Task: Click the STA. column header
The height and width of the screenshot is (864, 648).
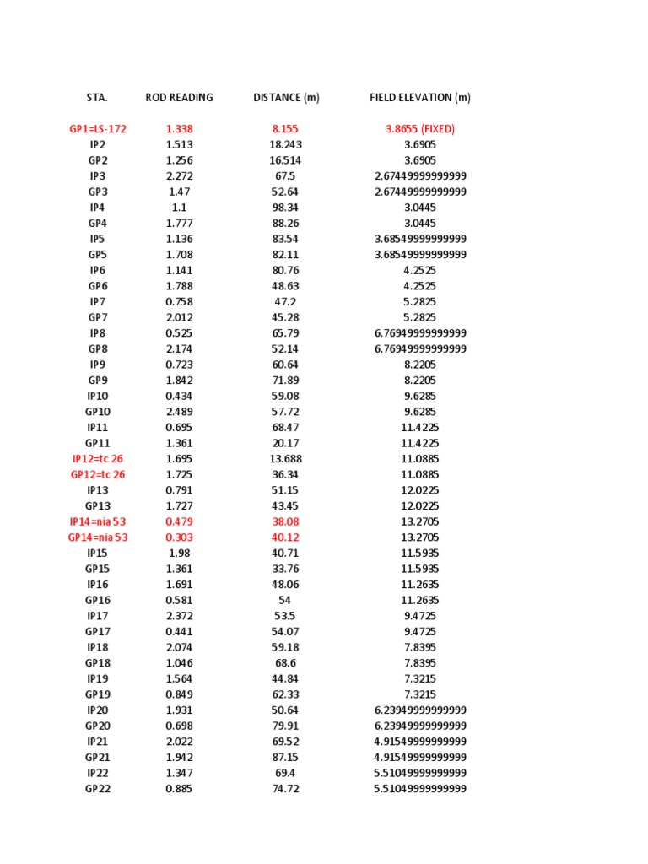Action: (x=97, y=98)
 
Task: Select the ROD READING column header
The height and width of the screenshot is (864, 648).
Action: (x=179, y=98)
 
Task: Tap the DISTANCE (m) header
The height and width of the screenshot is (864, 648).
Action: (x=286, y=98)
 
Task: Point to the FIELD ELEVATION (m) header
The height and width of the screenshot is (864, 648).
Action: (x=420, y=98)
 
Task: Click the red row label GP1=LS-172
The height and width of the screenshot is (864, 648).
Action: (x=98, y=129)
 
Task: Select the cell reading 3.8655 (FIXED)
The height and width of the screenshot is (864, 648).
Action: (x=420, y=129)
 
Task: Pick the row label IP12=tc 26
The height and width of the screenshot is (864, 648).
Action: (x=98, y=459)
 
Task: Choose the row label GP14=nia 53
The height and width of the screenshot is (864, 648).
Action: (x=98, y=537)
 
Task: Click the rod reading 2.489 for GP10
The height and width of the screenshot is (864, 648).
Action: (x=179, y=412)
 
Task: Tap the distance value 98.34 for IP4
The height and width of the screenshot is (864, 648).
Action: (x=286, y=208)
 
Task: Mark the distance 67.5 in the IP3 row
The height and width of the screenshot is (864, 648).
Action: (x=286, y=176)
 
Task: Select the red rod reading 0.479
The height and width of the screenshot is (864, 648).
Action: (x=179, y=521)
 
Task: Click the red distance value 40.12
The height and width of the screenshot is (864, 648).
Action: (x=286, y=537)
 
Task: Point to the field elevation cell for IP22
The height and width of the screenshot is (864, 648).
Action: (x=420, y=773)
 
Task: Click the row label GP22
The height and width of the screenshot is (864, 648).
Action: (x=98, y=789)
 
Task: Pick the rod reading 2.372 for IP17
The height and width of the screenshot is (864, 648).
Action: (x=179, y=616)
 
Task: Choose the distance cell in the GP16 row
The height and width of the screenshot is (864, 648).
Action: (x=286, y=600)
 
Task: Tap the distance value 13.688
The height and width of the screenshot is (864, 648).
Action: (x=286, y=459)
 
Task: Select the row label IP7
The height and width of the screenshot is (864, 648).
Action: (x=98, y=302)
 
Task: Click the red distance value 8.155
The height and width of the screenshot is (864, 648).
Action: (x=286, y=129)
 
